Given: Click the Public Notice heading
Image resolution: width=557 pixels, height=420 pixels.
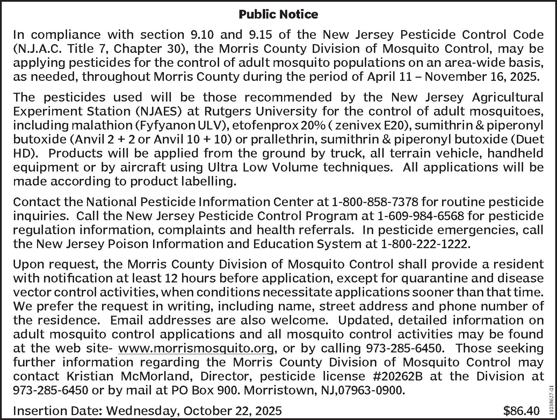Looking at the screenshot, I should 278,14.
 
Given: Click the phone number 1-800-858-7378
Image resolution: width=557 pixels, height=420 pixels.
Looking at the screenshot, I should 375,202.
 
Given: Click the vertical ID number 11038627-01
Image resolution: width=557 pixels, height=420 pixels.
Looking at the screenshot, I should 551,399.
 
